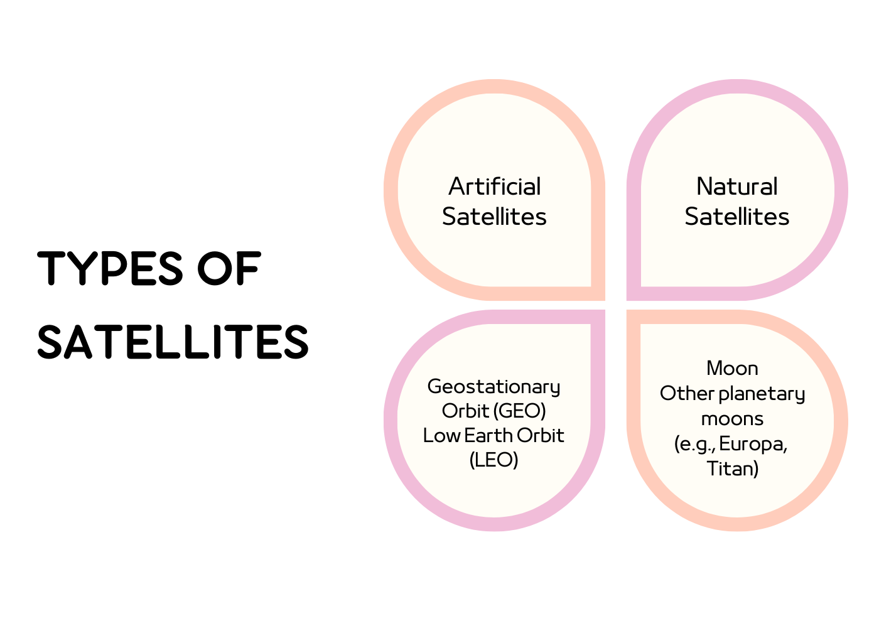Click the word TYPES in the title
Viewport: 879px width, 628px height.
(110, 268)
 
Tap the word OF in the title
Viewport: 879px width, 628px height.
(229, 268)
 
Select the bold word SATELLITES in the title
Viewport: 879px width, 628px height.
(173, 342)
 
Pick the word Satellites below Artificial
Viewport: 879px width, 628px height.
(495, 216)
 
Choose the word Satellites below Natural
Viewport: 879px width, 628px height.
(737, 216)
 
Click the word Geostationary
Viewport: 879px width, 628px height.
(493, 387)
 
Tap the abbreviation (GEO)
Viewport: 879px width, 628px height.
(519, 411)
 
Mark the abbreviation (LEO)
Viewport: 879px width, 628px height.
(493, 460)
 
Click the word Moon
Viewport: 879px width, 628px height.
(732, 369)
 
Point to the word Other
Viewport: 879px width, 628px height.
(688, 393)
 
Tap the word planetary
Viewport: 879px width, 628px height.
(762, 394)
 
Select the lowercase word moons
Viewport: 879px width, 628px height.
(732, 420)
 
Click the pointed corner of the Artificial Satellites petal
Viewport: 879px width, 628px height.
(605, 300)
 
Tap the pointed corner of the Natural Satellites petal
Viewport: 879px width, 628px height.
(627, 300)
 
